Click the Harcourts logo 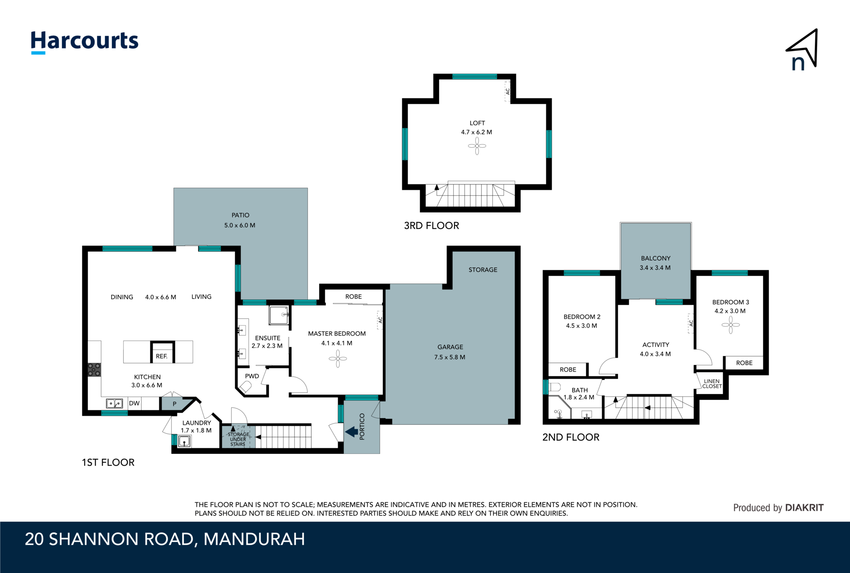(x=84, y=42)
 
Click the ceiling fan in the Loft (x=477, y=146)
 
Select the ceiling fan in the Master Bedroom (x=338, y=358)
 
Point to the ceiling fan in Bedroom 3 (x=730, y=325)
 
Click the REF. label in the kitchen (x=162, y=356)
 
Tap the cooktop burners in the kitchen (x=94, y=370)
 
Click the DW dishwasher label (x=134, y=403)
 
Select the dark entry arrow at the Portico (x=352, y=432)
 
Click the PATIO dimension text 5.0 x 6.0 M (x=240, y=225)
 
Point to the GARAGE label (x=450, y=347)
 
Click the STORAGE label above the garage (x=483, y=270)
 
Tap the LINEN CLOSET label (x=712, y=384)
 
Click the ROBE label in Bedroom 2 (x=568, y=370)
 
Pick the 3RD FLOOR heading (x=432, y=226)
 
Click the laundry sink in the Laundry (x=184, y=441)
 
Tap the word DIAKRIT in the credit (x=804, y=507)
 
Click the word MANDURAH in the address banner (x=254, y=539)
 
